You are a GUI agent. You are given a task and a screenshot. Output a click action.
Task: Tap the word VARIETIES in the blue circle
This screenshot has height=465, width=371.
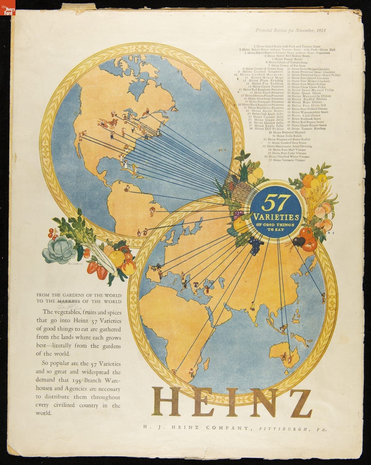[x=272, y=216]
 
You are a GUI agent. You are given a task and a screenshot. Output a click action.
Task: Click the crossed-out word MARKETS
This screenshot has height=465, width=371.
[x=69, y=301]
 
